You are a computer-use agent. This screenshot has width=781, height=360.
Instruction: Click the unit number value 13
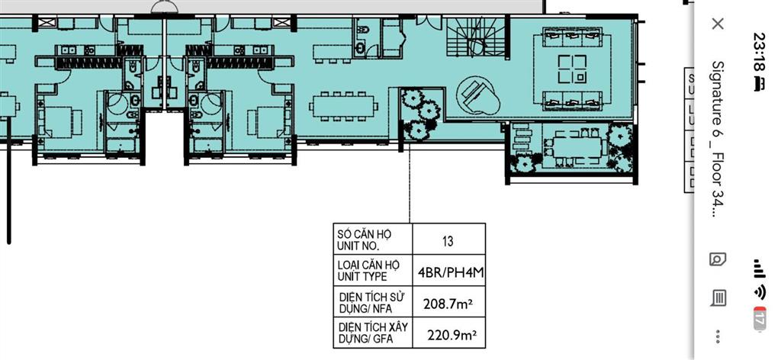[448, 242]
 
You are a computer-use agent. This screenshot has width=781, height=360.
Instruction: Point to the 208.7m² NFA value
[448, 304]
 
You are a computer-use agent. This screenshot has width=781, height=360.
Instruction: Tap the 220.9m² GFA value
[448, 334]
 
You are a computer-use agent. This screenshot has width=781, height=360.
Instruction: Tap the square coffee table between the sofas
[571, 69]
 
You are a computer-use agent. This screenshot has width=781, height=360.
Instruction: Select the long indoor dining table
[344, 104]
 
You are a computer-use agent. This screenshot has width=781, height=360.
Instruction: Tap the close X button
[717, 24]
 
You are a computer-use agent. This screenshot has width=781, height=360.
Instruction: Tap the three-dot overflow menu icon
[718, 336]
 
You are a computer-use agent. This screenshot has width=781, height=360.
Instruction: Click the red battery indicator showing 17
[760, 319]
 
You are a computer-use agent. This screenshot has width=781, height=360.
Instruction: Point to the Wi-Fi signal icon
[760, 292]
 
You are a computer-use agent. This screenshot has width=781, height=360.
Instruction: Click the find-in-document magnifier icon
[718, 259]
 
